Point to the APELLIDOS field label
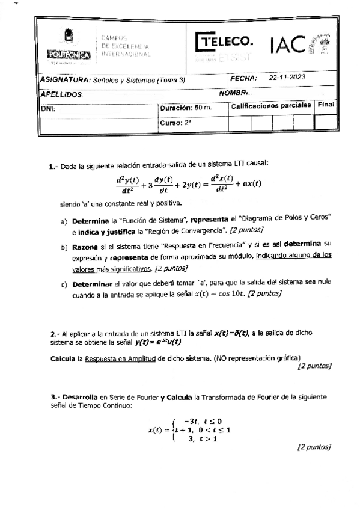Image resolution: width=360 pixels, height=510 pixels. point(61,94)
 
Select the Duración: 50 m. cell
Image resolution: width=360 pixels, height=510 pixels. point(186,108)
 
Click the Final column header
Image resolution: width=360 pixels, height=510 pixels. point(326,105)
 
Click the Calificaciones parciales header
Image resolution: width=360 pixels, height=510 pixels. point(271,105)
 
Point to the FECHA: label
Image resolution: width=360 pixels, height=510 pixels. point(243,79)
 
